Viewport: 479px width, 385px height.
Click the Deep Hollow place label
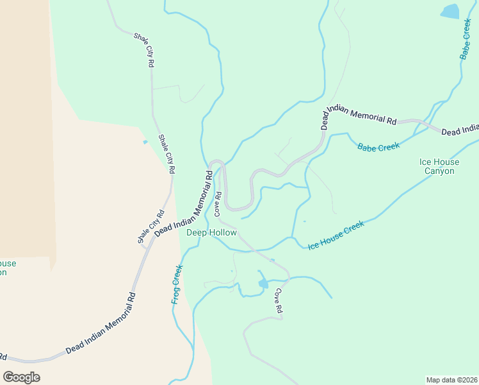[211, 233]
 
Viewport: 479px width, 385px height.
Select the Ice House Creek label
[336, 235]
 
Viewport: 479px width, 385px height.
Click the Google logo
[21, 377]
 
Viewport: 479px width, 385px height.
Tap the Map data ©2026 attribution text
[451, 379]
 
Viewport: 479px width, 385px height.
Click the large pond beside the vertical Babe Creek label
[450, 11]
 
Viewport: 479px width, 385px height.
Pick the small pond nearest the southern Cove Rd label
[263, 283]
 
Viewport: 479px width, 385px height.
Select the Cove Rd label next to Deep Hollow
[218, 203]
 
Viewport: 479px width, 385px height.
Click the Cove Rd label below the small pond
[279, 300]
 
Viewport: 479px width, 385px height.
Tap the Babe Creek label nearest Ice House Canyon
[378, 147]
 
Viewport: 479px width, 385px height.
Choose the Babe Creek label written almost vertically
[467, 40]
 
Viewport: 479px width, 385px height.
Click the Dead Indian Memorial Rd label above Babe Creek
[359, 116]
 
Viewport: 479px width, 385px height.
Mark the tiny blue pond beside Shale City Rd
[145, 142]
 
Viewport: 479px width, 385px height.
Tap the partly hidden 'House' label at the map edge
[8, 263]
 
